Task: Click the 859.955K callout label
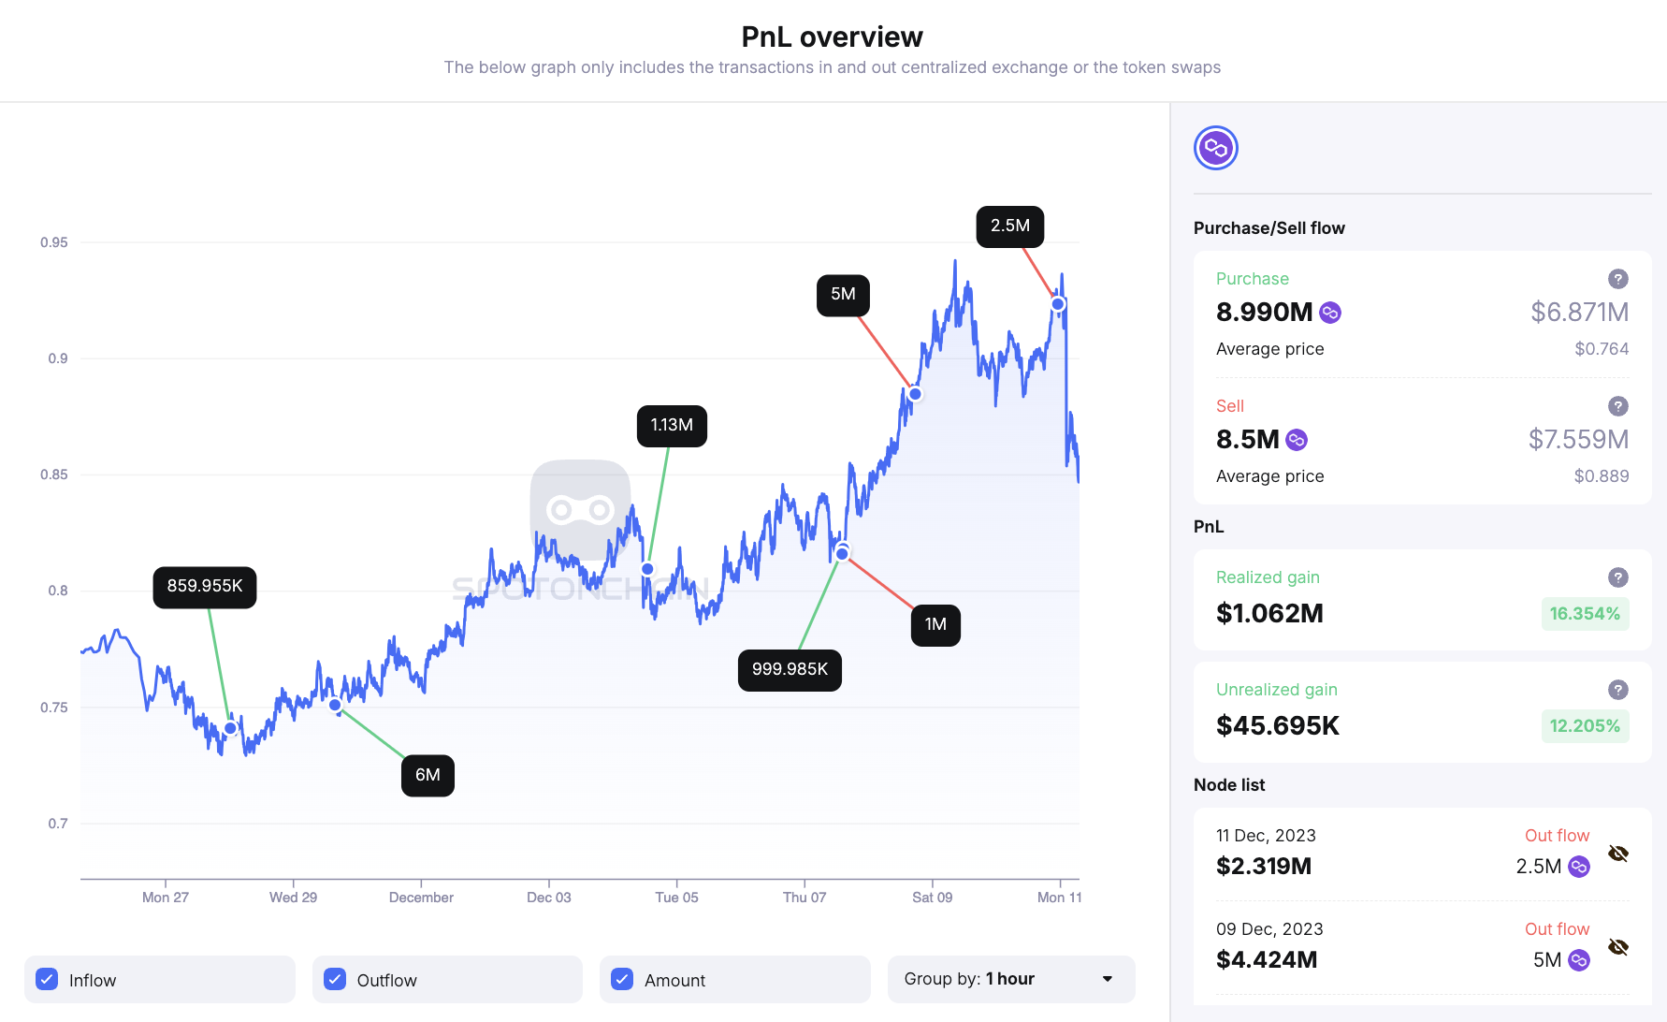click(x=204, y=587)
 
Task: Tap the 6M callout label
click(x=428, y=775)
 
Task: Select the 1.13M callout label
click(x=672, y=426)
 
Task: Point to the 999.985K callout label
click(x=790, y=670)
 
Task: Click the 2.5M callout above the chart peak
click(x=1009, y=226)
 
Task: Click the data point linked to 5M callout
click(x=915, y=394)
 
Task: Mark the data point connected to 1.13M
click(x=647, y=569)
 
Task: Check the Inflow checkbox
click(x=47, y=979)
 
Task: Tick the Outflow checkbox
click(x=335, y=979)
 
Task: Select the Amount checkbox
click(x=622, y=979)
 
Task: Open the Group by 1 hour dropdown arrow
click(x=1108, y=979)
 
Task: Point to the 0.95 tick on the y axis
click(x=54, y=242)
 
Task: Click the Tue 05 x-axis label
click(x=676, y=898)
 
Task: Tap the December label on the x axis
click(x=421, y=898)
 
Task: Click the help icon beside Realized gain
click(x=1617, y=577)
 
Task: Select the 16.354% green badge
click(x=1584, y=614)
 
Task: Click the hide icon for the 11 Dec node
click(x=1617, y=854)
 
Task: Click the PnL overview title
click(x=832, y=36)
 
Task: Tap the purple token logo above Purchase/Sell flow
click(x=1215, y=148)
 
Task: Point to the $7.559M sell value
click(x=1578, y=439)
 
